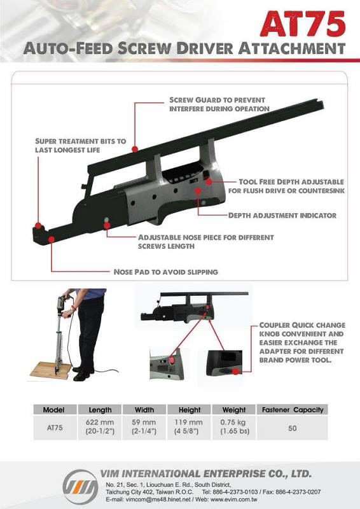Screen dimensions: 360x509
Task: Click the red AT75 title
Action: tap(303, 24)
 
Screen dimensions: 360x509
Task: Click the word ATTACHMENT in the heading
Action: tap(291, 49)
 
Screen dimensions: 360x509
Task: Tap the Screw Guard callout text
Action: tap(219, 104)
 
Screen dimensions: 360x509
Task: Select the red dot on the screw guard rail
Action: tap(135, 149)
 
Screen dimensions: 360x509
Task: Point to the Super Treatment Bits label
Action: tap(81, 146)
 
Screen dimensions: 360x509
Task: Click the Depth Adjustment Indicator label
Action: tap(282, 215)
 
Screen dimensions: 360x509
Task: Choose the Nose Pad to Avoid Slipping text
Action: tap(165, 272)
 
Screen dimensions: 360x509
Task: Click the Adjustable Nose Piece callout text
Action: tap(206, 242)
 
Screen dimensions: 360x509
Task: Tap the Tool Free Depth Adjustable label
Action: tap(286, 186)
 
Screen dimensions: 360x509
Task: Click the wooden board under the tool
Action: tap(51, 370)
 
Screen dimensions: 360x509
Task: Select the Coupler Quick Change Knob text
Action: tap(302, 342)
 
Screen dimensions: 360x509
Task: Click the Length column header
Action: tap(100, 410)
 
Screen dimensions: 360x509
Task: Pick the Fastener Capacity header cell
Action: tap(293, 410)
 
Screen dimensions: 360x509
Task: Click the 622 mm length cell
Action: tap(100, 427)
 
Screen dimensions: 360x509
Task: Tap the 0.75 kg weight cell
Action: tap(234, 427)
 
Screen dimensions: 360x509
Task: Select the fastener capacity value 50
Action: tap(292, 428)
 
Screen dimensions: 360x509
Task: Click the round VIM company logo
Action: tap(80, 487)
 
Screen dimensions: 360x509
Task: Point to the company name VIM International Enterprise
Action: tap(205, 473)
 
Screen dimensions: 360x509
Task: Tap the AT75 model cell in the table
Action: tap(55, 428)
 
